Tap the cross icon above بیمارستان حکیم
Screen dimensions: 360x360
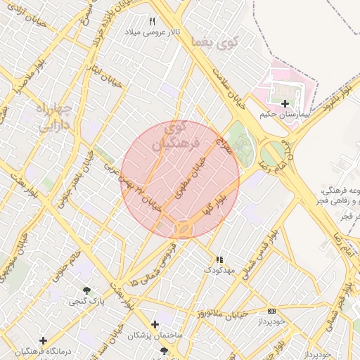pyautogui.click(x=285, y=103)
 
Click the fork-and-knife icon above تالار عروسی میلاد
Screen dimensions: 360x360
pyautogui.click(x=153, y=22)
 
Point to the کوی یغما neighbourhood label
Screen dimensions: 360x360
pyautogui.click(x=214, y=41)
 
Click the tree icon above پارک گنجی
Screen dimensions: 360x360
pyautogui.click(x=87, y=290)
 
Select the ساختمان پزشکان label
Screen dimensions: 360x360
pyautogui.click(x=155, y=335)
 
